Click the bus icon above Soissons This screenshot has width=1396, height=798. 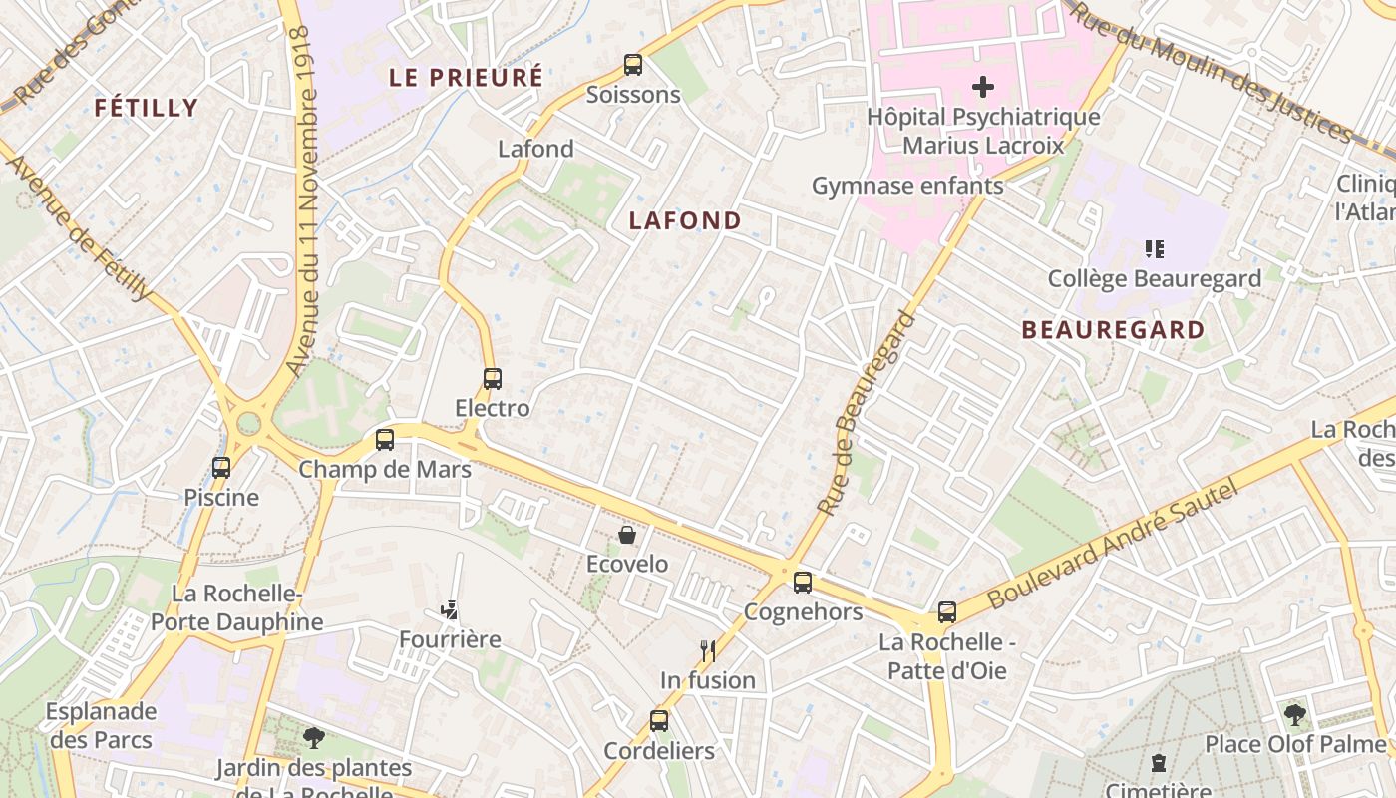pyautogui.click(x=632, y=65)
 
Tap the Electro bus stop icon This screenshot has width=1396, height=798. pyautogui.click(x=492, y=379)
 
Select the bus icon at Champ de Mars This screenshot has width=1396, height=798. pyautogui.click(x=385, y=440)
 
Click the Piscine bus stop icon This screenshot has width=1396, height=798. pyautogui.click(x=221, y=467)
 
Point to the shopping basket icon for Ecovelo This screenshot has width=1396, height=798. pyautogui.click(x=627, y=535)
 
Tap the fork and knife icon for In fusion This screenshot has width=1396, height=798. pyautogui.click(x=708, y=651)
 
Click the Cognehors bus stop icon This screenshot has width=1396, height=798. pyautogui.click(x=803, y=583)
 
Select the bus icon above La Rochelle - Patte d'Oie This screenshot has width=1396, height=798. pyautogui.click(x=946, y=612)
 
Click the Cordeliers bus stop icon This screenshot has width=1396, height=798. pyautogui.click(x=658, y=721)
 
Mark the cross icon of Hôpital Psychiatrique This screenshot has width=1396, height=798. pyautogui.click(x=983, y=87)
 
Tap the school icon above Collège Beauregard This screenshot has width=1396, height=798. pyautogui.click(x=1155, y=249)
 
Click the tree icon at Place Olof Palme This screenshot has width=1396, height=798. pyautogui.click(x=1295, y=714)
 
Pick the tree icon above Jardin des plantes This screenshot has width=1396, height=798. pyautogui.click(x=314, y=738)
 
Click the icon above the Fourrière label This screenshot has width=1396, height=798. pyautogui.click(x=450, y=609)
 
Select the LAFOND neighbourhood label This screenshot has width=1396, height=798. pyautogui.click(x=685, y=221)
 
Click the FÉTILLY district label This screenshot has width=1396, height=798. pyautogui.click(x=147, y=108)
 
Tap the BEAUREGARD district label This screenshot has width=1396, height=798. pyautogui.click(x=1113, y=330)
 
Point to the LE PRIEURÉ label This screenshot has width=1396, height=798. pyautogui.click(x=466, y=77)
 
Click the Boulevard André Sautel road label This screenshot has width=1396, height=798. pyautogui.click(x=1112, y=545)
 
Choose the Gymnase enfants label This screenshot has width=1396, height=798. pyautogui.click(x=906, y=186)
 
